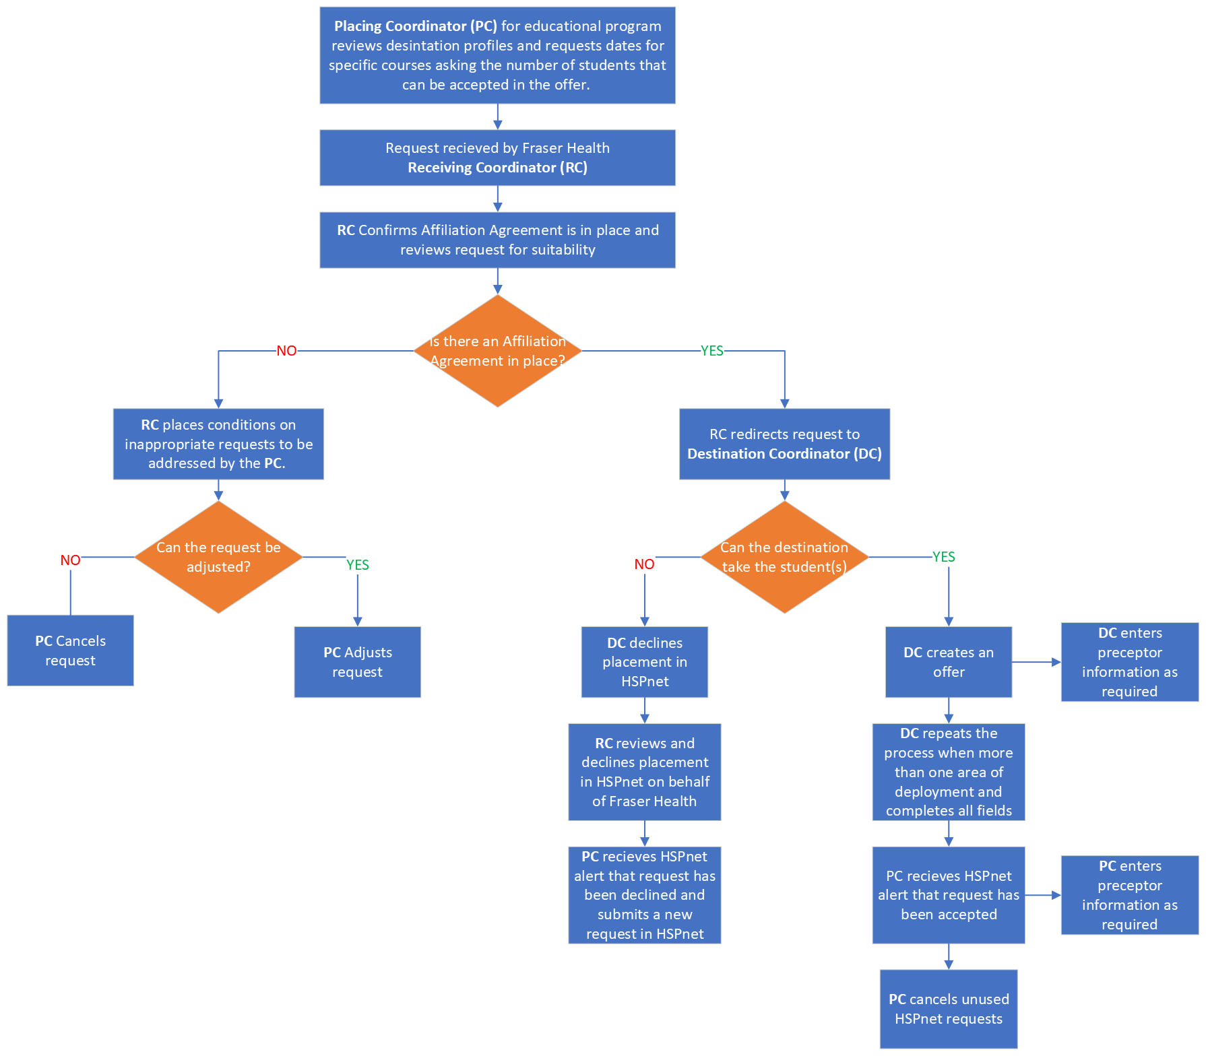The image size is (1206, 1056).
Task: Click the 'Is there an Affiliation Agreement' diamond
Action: pyautogui.click(x=497, y=351)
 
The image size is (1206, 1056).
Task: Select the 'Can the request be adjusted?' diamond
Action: pyautogui.click(x=218, y=557)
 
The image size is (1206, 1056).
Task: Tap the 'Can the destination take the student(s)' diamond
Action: pyautogui.click(x=784, y=557)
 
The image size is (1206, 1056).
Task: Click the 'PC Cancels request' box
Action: pyautogui.click(x=70, y=651)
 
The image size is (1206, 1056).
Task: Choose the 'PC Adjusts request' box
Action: pyautogui.click(x=357, y=662)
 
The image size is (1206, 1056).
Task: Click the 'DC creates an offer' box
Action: pyautogui.click(x=948, y=662)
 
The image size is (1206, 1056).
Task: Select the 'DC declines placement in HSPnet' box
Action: pyautogui.click(x=644, y=662)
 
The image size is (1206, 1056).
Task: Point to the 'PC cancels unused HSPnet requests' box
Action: pyautogui.click(x=948, y=1009)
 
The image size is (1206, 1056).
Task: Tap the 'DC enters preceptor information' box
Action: pyautogui.click(x=1129, y=662)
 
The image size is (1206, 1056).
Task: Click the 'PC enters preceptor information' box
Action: pyautogui.click(x=1129, y=895)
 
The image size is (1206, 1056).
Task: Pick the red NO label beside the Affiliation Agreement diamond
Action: pyautogui.click(x=286, y=351)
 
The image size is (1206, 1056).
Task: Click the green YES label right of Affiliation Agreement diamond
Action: pyautogui.click(x=711, y=351)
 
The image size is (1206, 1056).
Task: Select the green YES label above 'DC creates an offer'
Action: pyautogui.click(x=943, y=557)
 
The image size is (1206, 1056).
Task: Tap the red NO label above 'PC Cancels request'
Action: pyautogui.click(x=70, y=560)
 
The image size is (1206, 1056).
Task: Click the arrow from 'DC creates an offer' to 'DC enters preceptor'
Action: pyautogui.click(x=1036, y=662)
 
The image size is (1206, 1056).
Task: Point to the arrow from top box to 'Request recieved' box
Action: pyautogui.click(x=497, y=117)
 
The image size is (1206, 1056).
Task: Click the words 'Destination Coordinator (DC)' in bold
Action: pyautogui.click(x=784, y=454)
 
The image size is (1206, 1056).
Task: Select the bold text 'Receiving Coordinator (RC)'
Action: pyautogui.click(x=497, y=168)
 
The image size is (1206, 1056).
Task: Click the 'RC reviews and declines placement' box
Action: pyautogui.click(x=644, y=772)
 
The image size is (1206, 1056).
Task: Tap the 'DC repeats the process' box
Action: pyautogui.click(x=948, y=772)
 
